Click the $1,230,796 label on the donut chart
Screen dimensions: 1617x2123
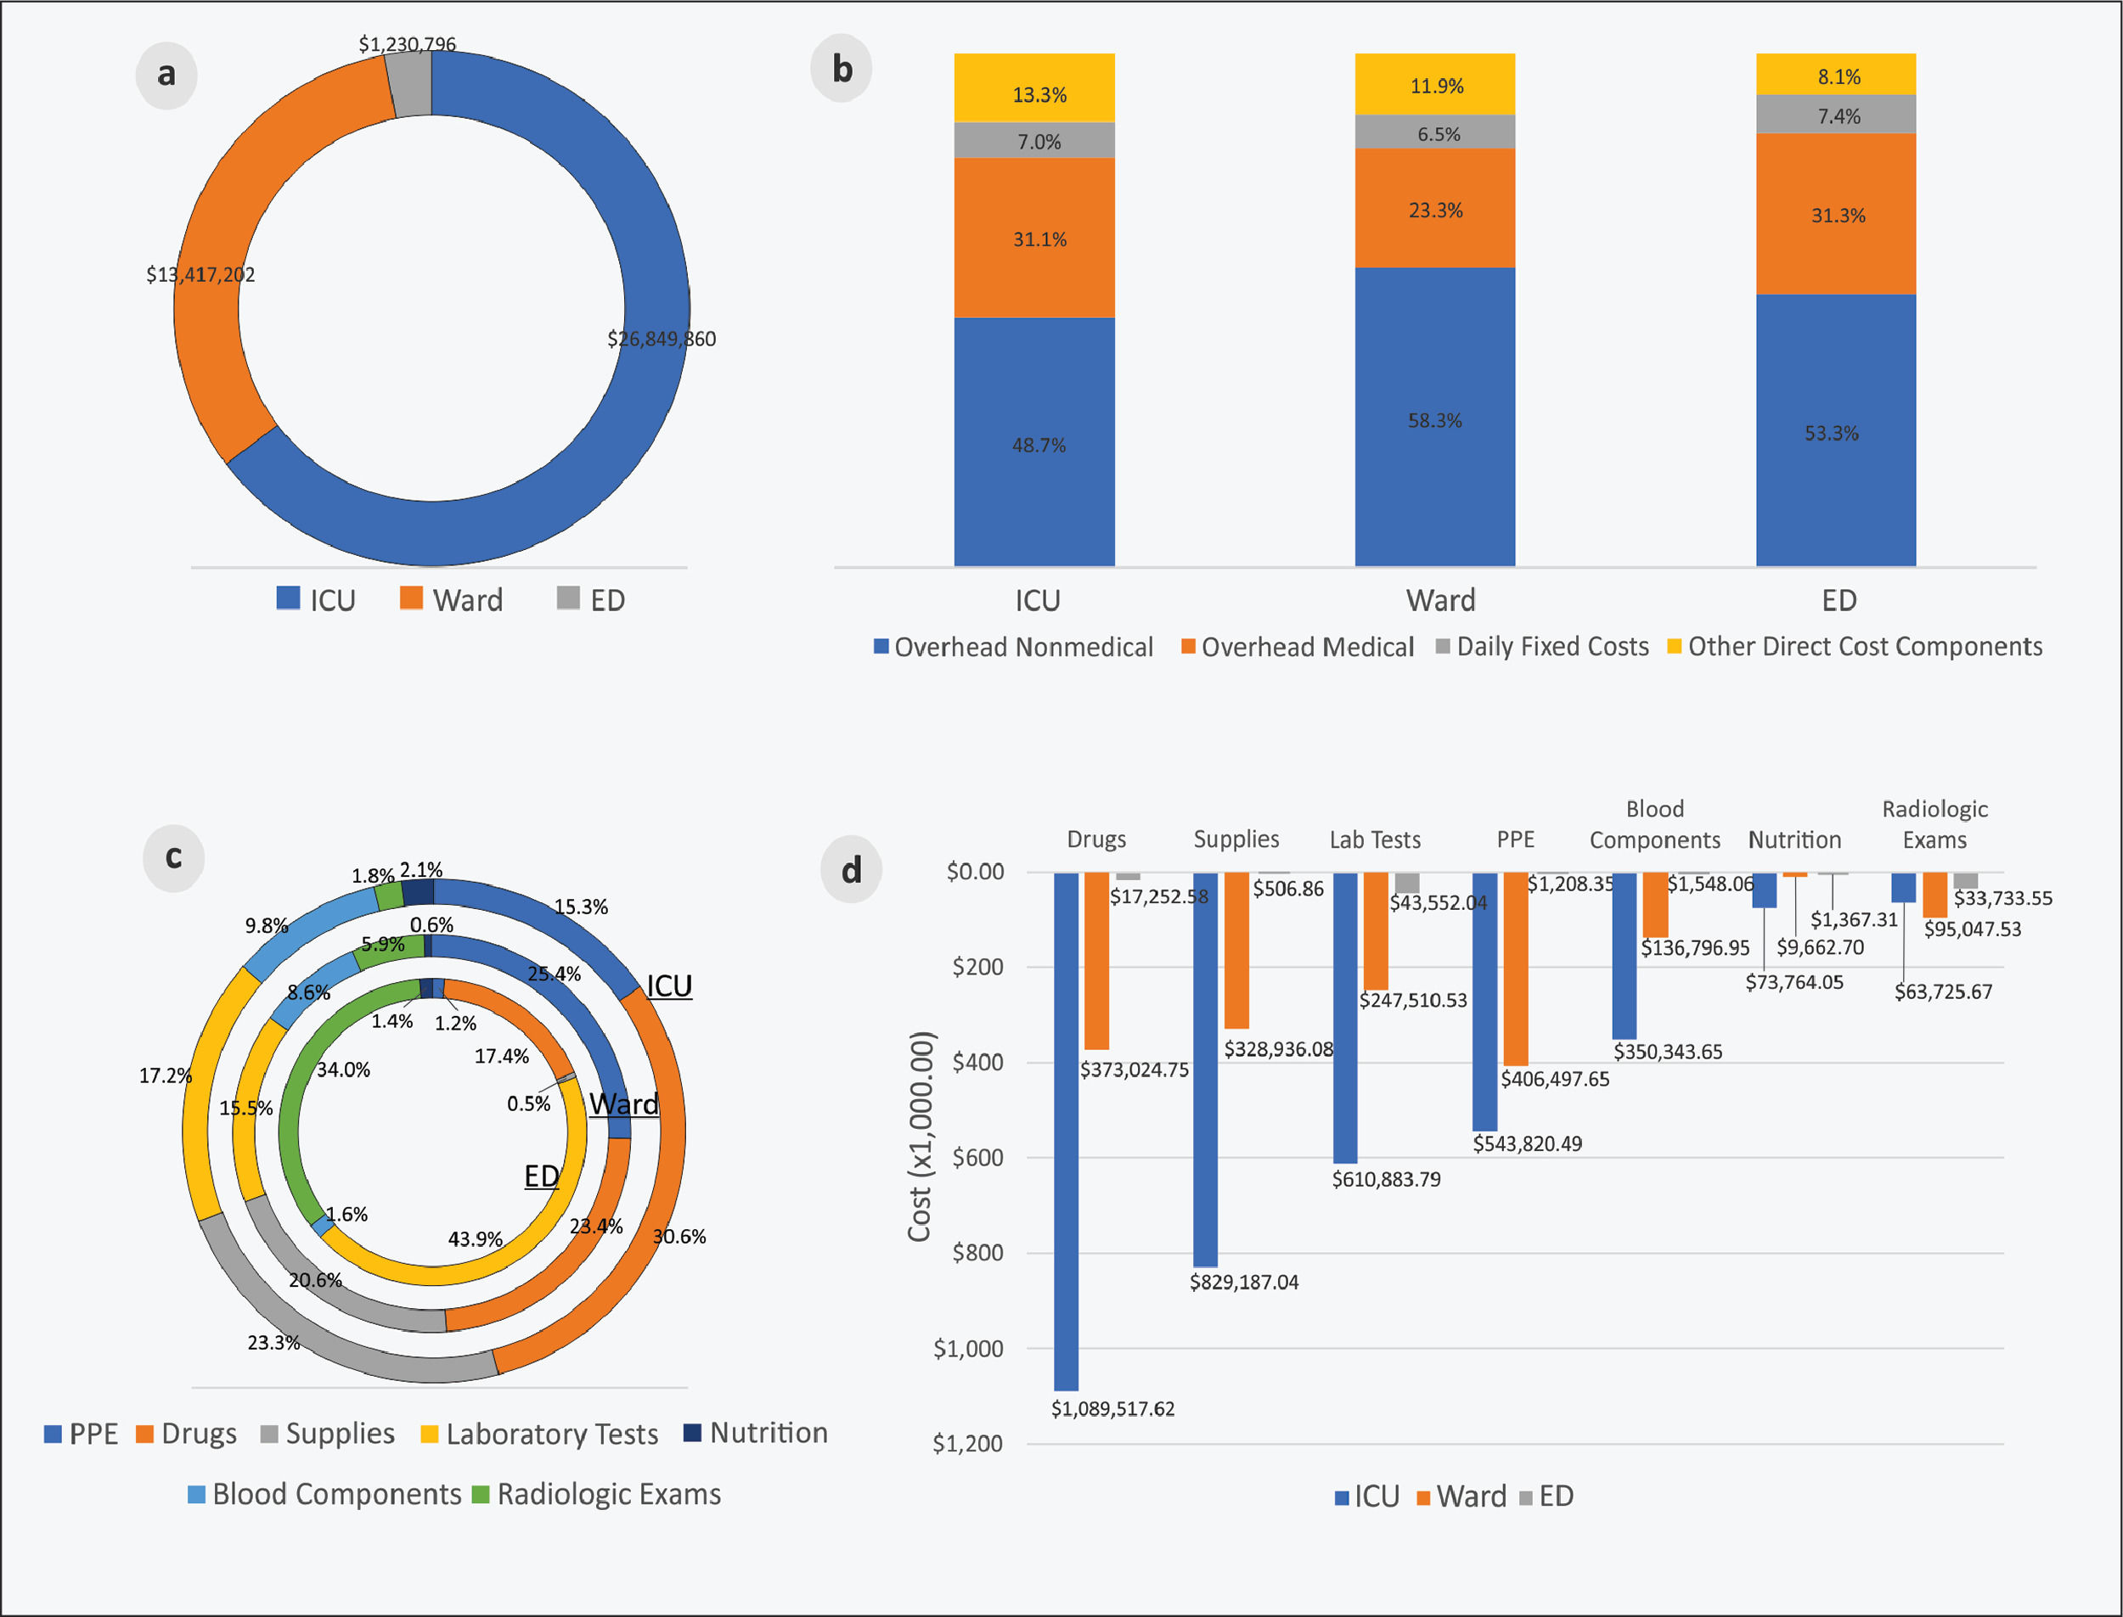408,44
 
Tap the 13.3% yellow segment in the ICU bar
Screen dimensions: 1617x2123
1034,87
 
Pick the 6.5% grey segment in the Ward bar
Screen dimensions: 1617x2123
1434,132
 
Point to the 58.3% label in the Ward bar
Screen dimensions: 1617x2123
1434,421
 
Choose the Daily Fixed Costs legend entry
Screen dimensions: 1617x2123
1541,647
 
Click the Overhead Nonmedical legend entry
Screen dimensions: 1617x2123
1013,647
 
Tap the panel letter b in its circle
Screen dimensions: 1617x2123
842,70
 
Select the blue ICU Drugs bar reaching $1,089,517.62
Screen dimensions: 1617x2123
1066,1131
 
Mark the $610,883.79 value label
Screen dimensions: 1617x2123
1387,1179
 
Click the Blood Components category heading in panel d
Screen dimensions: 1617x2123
1654,825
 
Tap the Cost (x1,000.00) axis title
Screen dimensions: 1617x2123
921,1136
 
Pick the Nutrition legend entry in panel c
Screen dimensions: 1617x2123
756,1433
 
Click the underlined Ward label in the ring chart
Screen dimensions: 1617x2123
624,1104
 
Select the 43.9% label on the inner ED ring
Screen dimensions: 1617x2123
475,1238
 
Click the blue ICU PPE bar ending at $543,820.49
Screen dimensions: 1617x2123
1484,1001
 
